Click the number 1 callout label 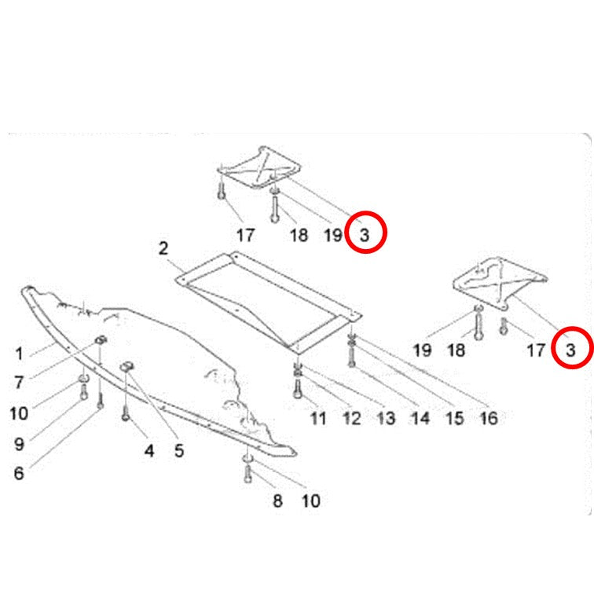coord(19,354)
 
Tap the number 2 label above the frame coord(163,248)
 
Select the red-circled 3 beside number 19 coord(365,235)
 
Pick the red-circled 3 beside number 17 coord(570,350)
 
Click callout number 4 coord(149,451)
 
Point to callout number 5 coord(179,451)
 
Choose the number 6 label coord(19,474)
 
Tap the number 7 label coord(19,382)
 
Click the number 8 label coord(277,500)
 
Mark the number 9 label coord(19,444)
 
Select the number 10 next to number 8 coord(311,500)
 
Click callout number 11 coord(318,419)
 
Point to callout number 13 coord(386,419)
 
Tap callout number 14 coord(420,419)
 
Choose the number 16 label coord(489,419)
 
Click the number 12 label coord(352,419)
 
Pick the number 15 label coord(455,419)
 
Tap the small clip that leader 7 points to coord(101,339)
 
